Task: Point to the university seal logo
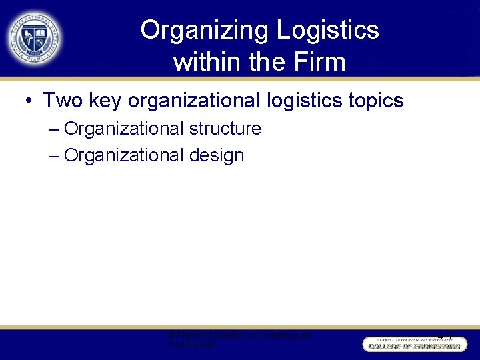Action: [x=35, y=38]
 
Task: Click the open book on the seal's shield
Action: [x=35, y=33]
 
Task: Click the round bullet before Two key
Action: [x=29, y=101]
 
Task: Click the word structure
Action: [x=225, y=128]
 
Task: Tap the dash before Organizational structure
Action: [x=54, y=128]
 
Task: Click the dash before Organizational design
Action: [x=54, y=155]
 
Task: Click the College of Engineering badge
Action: [x=415, y=344]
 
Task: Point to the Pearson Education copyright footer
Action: [x=239, y=340]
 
